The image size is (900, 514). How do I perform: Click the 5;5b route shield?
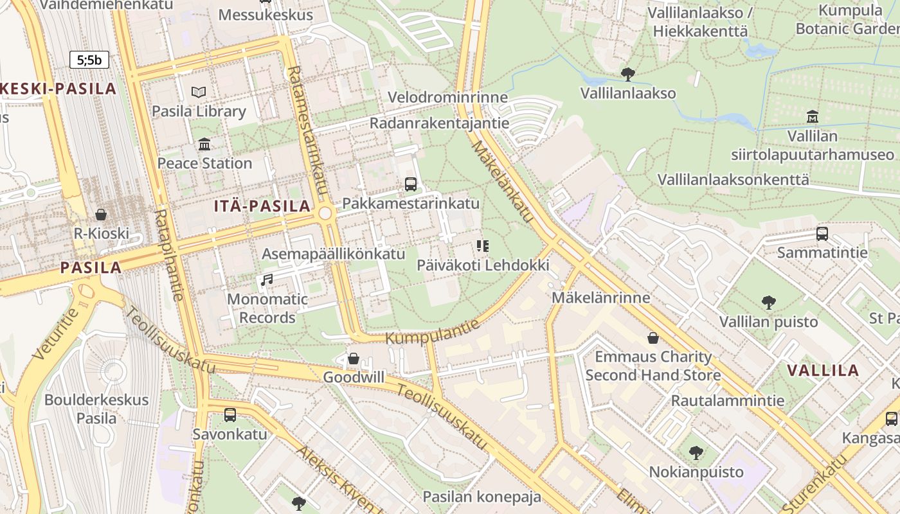pyautogui.click(x=89, y=60)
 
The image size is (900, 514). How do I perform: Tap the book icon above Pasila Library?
pyautogui.click(x=199, y=93)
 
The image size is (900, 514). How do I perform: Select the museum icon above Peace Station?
pyautogui.click(x=204, y=144)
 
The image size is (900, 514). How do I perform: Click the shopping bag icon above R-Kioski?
pyautogui.click(x=101, y=215)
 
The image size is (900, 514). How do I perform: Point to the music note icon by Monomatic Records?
pyautogui.click(x=266, y=280)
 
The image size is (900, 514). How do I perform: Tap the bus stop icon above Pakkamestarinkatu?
pyautogui.click(x=411, y=184)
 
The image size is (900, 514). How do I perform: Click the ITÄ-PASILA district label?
pyautogui.click(x=262, y=206)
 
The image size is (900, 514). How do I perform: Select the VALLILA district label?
pyautogui.click(x=823, y=370)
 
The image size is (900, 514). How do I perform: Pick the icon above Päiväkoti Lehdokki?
pyautogui.click(x=483, y=246)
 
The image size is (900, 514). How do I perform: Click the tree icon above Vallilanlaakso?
pyautogui.click(x=627, y=75)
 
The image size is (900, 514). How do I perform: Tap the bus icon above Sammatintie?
pyautogui.click(x=822, y=234)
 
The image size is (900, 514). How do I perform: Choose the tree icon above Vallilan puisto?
pyautogui.click(x=768, y=303)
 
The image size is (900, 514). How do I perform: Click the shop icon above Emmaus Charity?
pyautogui.click(x=653, y=338)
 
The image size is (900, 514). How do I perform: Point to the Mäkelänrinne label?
pyautogui.click(x=600, y=298)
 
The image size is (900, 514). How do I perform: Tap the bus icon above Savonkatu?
pyautogui.click(x=230, y=415)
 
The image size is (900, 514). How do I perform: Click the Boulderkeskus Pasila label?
pyautogui.click(x=96, y=409)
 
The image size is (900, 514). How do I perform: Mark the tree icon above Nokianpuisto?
pyautogui.click(x=696, y=453)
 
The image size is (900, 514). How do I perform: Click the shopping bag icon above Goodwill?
pyautogui.click(x=353, y=359)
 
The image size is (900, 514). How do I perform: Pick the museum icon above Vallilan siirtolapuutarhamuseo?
pyautogui.click(x=813, y=117)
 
